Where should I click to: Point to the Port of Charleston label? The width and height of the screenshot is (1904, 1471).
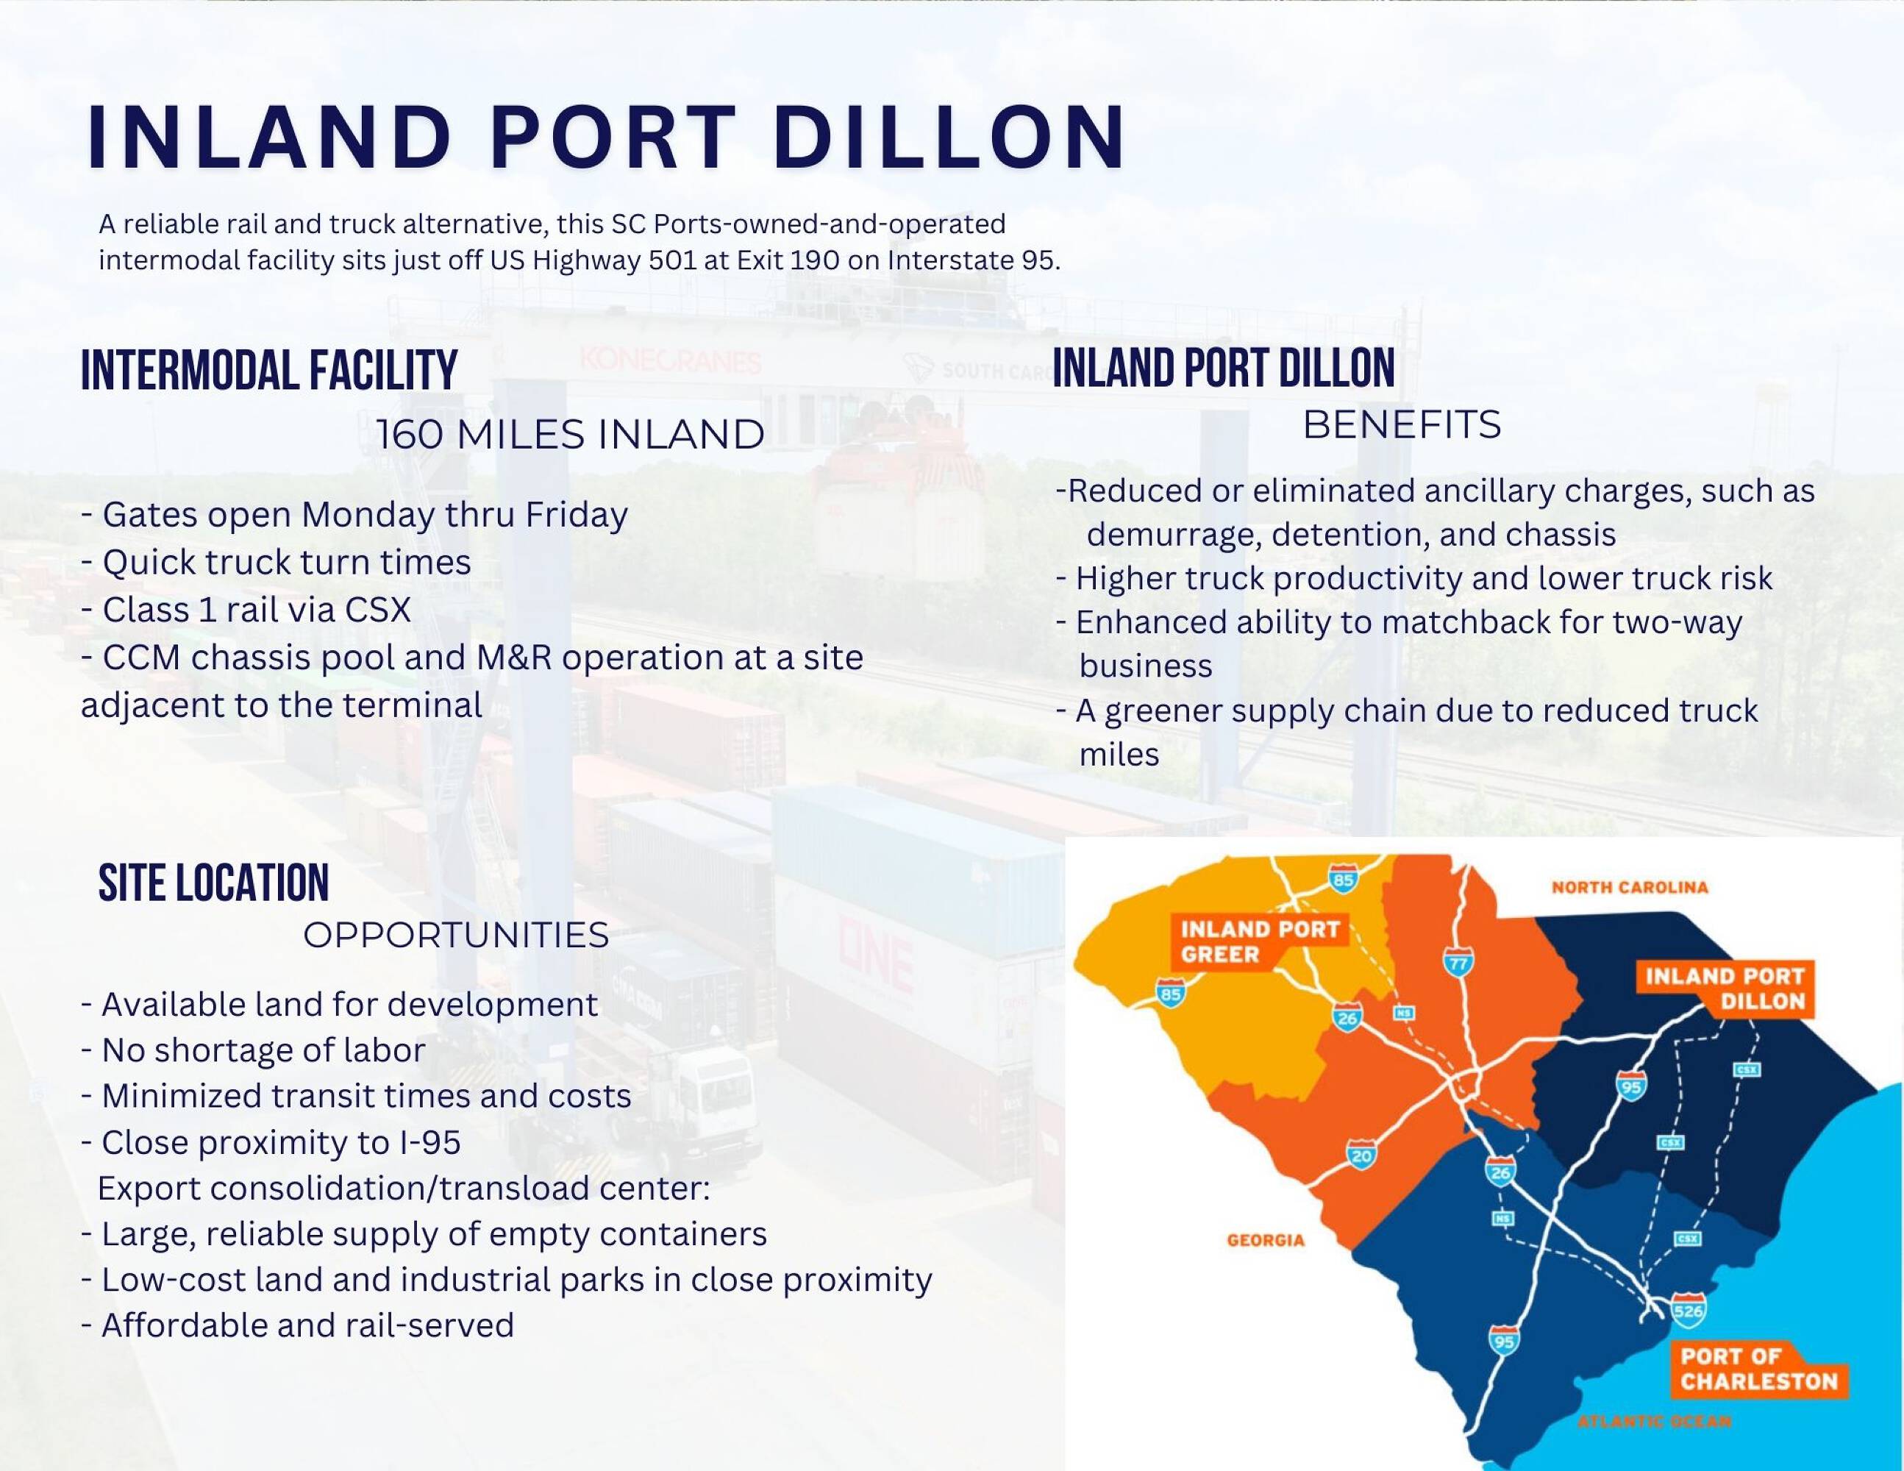coord(1758,1369)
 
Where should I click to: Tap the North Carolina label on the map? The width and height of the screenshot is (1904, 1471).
coord(1630,888)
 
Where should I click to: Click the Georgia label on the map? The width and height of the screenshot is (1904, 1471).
coord(1265,1240)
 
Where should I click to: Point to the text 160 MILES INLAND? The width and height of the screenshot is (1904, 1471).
coord(571,434)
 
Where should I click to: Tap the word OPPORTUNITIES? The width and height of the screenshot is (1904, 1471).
coord(456,936)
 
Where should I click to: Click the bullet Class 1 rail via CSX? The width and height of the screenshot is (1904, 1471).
coord(246,610)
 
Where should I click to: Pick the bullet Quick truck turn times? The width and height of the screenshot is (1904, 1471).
coord(276,563)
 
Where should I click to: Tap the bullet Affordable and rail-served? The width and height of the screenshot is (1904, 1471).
coord(297,1325)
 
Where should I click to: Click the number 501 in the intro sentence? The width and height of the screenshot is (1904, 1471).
coord(672,260)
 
